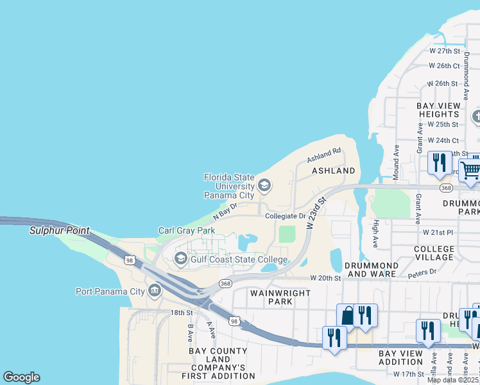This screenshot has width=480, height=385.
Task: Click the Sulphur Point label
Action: [x=60, y=231]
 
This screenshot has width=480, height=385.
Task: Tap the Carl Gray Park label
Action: [x=187, y=230]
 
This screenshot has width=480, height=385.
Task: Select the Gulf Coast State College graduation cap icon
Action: [x=180, y=259]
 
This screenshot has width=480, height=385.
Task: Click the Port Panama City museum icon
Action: [x=155, y=291]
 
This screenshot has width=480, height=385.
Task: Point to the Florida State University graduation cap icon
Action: [x=264, y=186]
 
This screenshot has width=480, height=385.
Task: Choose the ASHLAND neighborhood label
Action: [x=334, y=171]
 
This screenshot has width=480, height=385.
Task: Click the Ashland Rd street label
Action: [x=323, y=155]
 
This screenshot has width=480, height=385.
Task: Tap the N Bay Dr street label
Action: [x=225, y=210]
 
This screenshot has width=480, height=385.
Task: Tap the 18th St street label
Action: [x=182, y=312]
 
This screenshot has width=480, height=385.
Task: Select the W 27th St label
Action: [x=445, y=51]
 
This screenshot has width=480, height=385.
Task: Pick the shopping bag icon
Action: [x=347, y=316]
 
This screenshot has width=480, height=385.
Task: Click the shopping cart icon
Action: [x=470, y=170]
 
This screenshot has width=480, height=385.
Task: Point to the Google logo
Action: [x=21, y=377]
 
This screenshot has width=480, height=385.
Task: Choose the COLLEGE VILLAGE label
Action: [x=434, y=253]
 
